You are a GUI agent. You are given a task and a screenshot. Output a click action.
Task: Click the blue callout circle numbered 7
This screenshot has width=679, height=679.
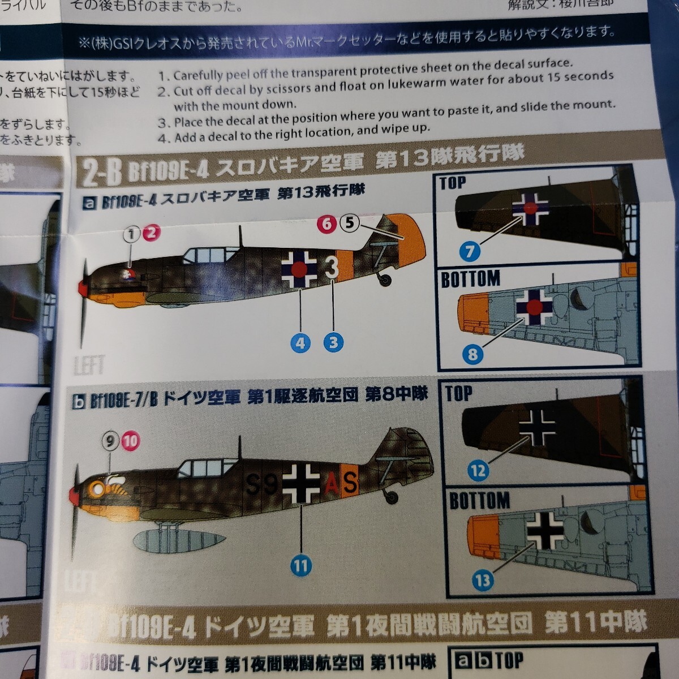tap(470, 251)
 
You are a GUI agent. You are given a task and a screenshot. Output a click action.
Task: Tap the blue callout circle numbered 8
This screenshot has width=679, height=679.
tap(472, 355)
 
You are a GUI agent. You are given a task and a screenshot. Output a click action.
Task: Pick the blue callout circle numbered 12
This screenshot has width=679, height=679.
tap(478, 470)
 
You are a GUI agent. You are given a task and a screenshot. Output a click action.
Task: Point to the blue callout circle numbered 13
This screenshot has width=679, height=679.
tap(482, 580)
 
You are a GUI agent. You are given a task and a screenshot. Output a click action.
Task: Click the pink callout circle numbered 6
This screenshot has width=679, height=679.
tap(327, 224)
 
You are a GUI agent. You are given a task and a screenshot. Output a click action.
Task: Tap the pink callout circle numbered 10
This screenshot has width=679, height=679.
tap(130, 441)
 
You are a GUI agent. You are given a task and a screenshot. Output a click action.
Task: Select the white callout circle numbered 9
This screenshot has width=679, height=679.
tap(110, 440)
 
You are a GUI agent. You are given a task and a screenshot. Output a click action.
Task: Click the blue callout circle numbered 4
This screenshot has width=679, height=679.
tap(300, 342)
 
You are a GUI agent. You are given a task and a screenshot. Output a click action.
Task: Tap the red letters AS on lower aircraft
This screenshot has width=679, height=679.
tap(342, 483)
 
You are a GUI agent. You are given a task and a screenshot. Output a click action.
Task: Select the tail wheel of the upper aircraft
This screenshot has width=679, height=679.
tap(386, 279)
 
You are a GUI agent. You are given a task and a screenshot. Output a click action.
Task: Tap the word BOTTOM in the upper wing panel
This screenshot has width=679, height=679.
tap(470, 279)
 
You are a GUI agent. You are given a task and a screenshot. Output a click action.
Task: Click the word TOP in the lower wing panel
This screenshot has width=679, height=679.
tap(458, 393)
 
